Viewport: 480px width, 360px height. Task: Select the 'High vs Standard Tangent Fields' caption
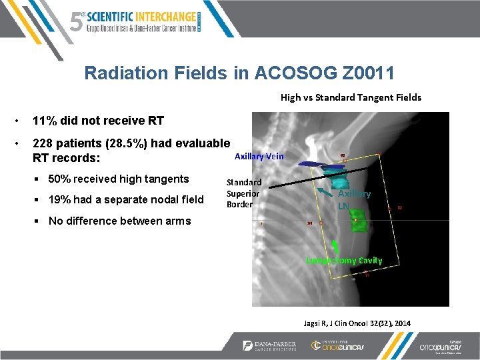point(351,97)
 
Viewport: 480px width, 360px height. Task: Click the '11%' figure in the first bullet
point(45,121)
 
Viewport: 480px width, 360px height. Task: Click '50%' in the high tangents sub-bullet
point(61,179)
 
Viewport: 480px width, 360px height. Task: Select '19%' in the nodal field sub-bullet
point(61,199)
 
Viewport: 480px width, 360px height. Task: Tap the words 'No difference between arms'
point(119,221)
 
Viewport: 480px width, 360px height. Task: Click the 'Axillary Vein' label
point(259,156)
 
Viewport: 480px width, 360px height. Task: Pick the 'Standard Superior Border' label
point(244,193)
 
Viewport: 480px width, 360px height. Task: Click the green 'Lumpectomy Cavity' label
point(344,261)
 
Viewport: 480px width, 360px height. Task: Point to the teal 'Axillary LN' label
point(353,199)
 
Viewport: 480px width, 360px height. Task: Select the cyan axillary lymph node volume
point(337,179)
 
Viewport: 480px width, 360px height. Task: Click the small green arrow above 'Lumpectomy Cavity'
point(333,247)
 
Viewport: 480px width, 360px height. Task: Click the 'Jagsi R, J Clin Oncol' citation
point(357,323)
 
